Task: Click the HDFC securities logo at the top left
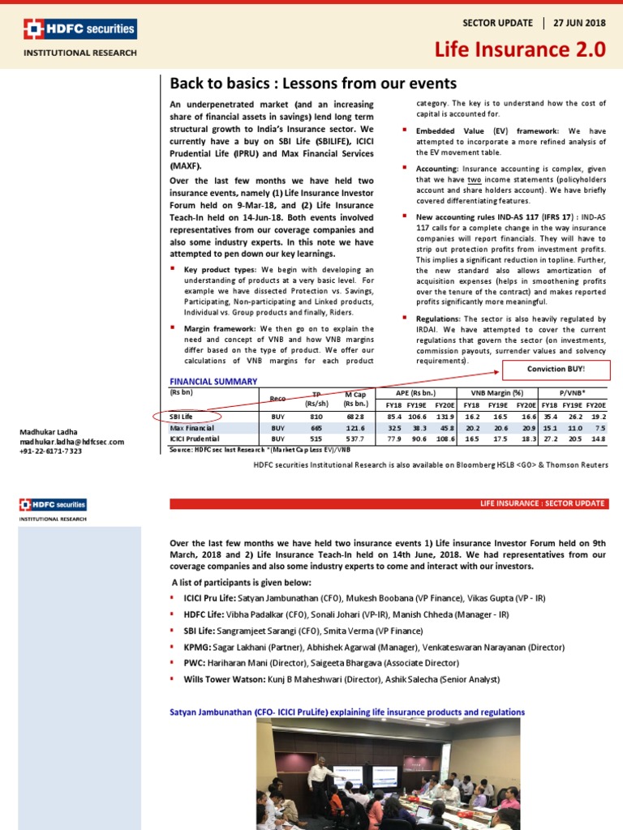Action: (x=79, y=31)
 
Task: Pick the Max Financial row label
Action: (x=191, y=427)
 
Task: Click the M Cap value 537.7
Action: (x=354, y=439)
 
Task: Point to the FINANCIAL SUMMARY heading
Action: (x=213, y=381)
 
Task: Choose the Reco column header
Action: (x=277, y=398)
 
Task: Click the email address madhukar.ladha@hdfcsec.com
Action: (x=72, y=442)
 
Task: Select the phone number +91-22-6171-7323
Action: (x=51, y=451)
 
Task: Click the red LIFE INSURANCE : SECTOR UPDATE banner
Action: (x=388, y=504)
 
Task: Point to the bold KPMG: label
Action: (x=200, y=648)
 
